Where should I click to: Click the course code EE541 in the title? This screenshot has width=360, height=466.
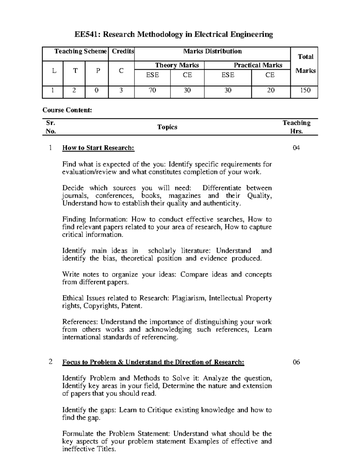85,35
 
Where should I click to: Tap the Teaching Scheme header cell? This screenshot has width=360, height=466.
80,51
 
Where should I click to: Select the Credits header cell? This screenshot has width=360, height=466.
123,51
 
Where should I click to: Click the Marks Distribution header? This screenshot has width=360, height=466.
212,51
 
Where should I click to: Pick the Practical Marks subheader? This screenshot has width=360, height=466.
258,65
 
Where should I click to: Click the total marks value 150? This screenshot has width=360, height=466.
305,90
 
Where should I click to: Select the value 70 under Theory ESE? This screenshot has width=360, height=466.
152,90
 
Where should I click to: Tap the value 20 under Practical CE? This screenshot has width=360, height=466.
271,90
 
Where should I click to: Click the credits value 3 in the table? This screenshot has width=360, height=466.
121,90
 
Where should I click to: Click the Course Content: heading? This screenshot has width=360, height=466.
67,110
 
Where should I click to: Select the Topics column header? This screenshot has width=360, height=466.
167,127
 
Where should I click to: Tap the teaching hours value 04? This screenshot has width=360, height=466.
296,148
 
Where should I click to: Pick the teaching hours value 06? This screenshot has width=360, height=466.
296,362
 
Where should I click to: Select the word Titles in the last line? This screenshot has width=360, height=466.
105,449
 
